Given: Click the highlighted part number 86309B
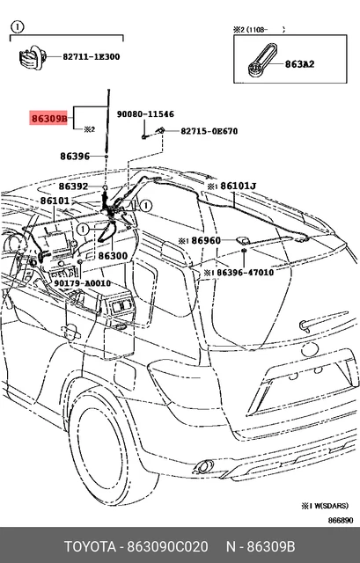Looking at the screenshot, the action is [x=48, y=118].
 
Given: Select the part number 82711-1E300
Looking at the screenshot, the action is [x=92, y=56].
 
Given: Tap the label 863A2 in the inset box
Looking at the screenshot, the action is [x=299, y=64].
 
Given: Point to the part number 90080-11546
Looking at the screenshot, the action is [x=145, y=114].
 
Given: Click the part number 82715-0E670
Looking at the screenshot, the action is [x=209, y=131].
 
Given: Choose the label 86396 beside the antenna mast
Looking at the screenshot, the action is [x=75, y=157].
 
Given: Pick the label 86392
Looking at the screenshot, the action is [x=73, y=186].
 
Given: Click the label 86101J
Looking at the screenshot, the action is [x=239, y=186].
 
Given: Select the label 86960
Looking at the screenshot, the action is [x=206, y=240].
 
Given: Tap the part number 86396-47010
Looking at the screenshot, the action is [x=246, y=273].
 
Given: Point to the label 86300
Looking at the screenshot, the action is [x=113, y=256].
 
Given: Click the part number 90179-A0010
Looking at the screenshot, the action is [x=82, y=283].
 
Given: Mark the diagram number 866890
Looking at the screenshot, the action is [x=341, y=520].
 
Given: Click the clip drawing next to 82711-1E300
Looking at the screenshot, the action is [x=33, y=57].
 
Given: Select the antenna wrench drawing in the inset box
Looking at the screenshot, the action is [x=262, y=61].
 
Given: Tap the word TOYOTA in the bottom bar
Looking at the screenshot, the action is [x=90, y=547].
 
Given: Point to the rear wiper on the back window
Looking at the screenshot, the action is [x=323, y=320].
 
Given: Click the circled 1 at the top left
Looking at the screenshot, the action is [x=18, y=27].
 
